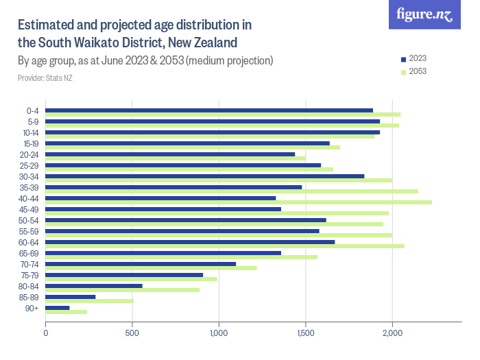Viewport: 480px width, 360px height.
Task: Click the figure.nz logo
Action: pos(424,15)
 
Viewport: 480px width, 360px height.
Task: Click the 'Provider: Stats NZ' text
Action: pos(45,78)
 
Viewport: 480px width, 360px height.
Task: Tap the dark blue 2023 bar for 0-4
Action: pos(209,110)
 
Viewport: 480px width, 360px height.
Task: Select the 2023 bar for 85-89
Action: pos(71,297)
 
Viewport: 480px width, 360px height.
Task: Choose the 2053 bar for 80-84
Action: pos(123,290)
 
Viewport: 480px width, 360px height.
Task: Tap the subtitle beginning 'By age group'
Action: pos(145,60)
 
